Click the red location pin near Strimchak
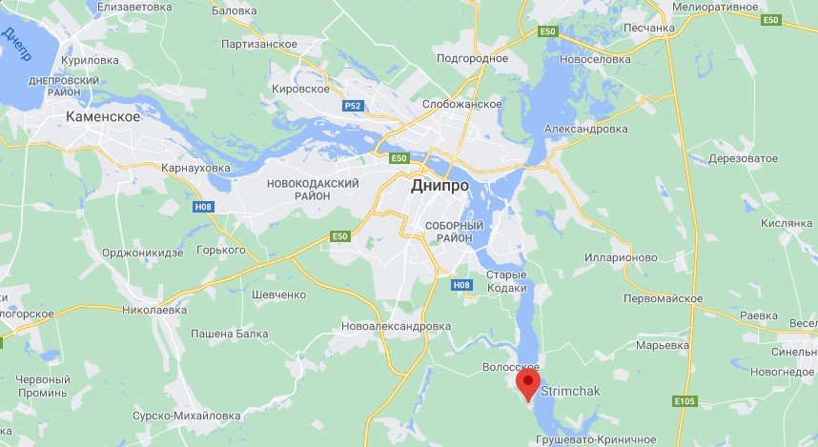coord(528,385)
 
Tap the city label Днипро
coord(440,186)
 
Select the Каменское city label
coord(103,116)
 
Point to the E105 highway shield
coord(684,401)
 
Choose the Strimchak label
coord(571,391)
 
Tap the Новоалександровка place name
coord(396,326)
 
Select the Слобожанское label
coord(462,103)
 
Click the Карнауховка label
coord(195,168)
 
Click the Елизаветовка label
coord(134,6)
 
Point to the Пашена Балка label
coord(231,334)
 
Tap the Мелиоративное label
coord(715,6)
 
